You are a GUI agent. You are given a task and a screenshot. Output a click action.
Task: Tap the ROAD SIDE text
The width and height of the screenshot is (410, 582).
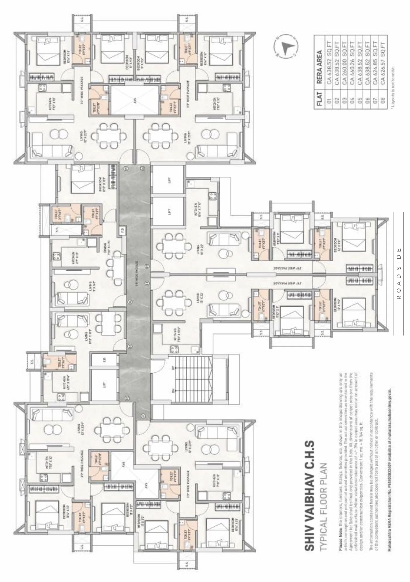pos(399,274)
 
